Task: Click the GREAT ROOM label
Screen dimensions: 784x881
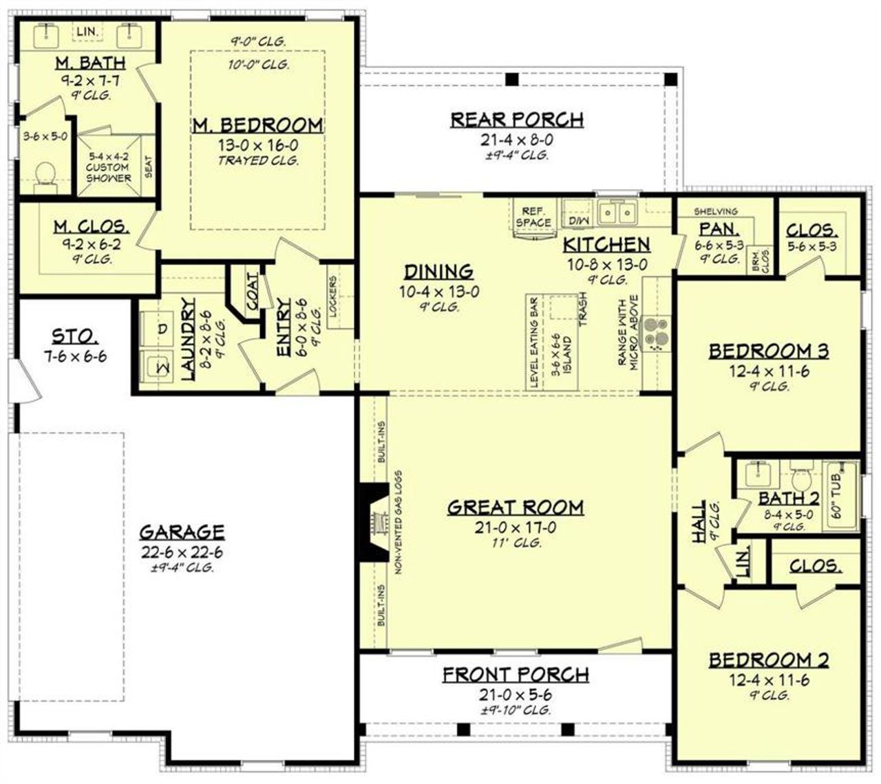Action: pyautogui.click(x=516, y=508)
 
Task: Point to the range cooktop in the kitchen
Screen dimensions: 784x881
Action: pyautogui.click(x=655, y=334)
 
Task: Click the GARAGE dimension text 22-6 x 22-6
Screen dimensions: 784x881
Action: pyautogui.click(x=182, y=552)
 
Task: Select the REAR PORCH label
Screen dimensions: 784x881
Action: pyautogui.click(x=517, y=120)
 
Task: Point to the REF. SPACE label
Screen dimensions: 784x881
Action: pyautogui.click(x=533, y=217)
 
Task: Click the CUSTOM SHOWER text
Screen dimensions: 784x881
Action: pyautogui.click(x=108, y=172)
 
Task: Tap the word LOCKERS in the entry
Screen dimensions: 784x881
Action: pyautogui.click(x=334, y=296)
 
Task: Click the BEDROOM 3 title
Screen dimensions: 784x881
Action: pyautogui.click(x=769, y=351)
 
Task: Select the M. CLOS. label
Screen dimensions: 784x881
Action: pyautogui.click(x=91, y=226)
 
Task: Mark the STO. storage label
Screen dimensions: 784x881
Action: pyautogui.click(x=75, y=336)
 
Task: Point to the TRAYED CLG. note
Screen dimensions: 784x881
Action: pyautogui.click(x=257, y=161)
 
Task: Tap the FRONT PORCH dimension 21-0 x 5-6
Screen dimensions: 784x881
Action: pyautogui.click(x=516, y=695)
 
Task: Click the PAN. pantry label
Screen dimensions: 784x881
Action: pyautogui.click(x=710, y=229)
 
